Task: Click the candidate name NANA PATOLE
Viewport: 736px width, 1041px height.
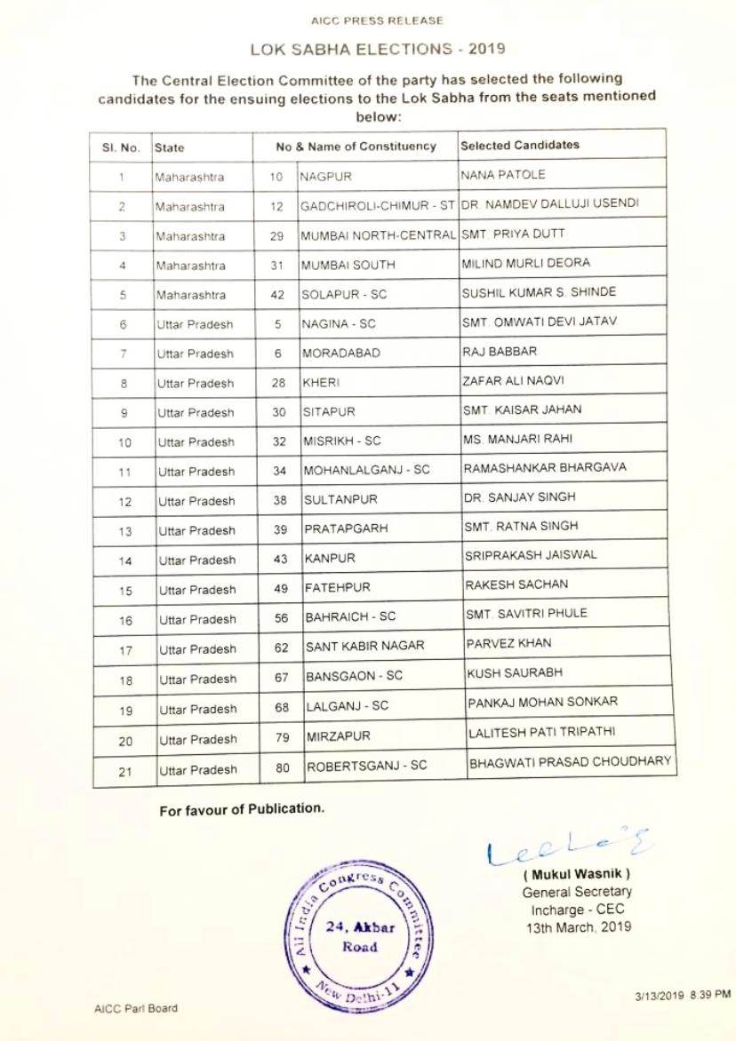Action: (x=503, y=174)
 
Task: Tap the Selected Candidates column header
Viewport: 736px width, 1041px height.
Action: (x=519, y=145)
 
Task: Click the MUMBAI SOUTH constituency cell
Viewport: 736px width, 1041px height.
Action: (x=348, y=265)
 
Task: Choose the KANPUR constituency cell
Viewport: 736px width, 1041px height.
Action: (x=330, y=559)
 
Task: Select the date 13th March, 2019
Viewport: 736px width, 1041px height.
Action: (x=578, y=926)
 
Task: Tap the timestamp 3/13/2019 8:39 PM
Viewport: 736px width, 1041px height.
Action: (x=683, y=995)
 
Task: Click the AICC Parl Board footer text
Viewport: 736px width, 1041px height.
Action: (x=135, y=1008)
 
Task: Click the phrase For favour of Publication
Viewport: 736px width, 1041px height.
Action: (x=242, y=809)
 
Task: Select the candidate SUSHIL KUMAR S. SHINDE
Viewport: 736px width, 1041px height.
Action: (x=539, y=292)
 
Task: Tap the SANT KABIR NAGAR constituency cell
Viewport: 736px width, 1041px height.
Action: (x=364, y=647)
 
